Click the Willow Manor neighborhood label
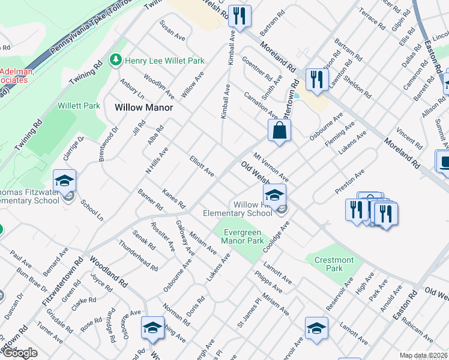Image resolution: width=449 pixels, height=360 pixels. [143, 107]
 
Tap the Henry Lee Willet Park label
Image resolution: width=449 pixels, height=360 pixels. [164, 61]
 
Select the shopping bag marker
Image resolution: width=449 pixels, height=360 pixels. [280, 131]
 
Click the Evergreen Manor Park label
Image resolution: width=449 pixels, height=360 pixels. [243, 236]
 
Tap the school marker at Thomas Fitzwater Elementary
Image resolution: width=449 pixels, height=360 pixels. [64, 181]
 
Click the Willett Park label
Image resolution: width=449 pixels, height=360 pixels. [79, 106]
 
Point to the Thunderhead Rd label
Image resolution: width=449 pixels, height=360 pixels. [138, 255]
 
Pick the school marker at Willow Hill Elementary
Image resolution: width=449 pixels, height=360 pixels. [274, 196]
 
